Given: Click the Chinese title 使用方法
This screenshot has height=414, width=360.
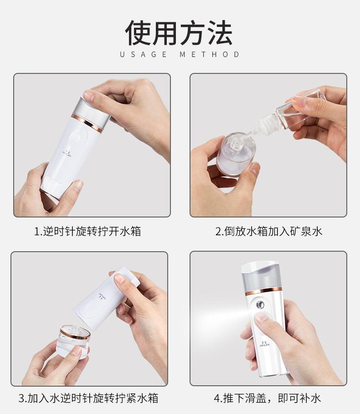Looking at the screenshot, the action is point(179,32).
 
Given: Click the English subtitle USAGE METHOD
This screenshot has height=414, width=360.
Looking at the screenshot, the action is point(180,54).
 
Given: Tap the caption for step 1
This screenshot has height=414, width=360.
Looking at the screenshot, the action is point(87,231).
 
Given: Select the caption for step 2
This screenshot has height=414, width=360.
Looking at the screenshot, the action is point(269,231).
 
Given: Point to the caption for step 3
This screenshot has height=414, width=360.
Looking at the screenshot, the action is point(88,398).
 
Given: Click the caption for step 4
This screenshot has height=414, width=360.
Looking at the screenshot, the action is point(267,398).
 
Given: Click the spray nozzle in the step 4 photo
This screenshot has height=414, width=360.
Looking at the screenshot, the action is point(260,305).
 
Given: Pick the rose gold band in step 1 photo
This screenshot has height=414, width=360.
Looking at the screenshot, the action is point(87,123).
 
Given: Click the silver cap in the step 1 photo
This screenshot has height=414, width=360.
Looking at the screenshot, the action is point(92,111).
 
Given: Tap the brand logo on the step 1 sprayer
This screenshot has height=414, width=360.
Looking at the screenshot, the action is point(67,153).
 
